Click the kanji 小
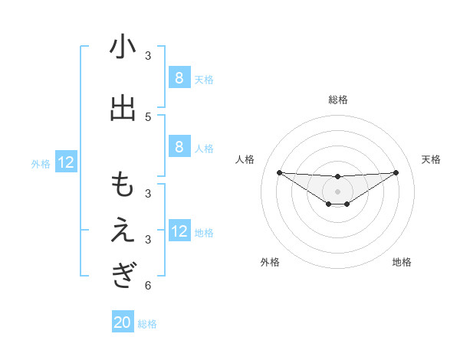pos(123,48)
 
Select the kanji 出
pos(123,109)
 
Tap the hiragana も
pos(123,186)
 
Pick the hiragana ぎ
pos(123,275)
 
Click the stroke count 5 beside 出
pos(148,116)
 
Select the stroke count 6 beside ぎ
pos(148,286)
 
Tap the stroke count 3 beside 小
pos(148,56)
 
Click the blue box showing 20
pos(123,322)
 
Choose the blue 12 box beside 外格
pos(66,162)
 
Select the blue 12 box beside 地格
pos(179,232)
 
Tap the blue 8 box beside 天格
pos(179,77)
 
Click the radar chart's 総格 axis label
pos(337,100)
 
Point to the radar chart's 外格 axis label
pos(270,262)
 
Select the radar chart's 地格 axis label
pos(402,262)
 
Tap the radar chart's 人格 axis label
pos(245,159)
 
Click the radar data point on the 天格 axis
pos(396,172)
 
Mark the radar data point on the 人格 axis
pos(279,172)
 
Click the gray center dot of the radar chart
pos(337,191)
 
